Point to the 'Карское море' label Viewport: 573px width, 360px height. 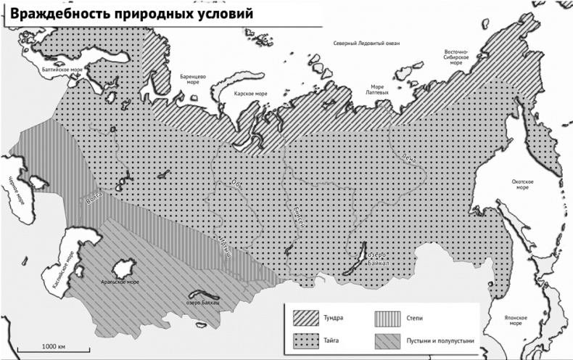(x=250, y=94)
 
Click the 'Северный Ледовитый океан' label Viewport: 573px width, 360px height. (x=366, y=44)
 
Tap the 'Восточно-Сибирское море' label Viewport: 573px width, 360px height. (x=456, y=57)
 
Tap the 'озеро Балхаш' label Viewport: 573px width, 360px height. (x=202, y=301)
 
